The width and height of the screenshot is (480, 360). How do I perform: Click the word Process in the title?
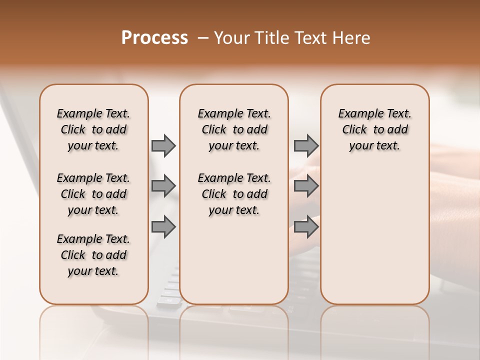click(154, 38)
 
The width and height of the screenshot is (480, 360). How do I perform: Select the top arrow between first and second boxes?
click(163, 145)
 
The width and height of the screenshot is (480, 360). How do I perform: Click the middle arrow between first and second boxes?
click(163, 186)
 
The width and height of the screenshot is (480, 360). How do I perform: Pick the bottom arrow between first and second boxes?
click(163, 227)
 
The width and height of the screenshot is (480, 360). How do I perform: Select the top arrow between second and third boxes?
click(306, 145)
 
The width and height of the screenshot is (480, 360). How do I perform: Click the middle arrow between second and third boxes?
click(306, 186)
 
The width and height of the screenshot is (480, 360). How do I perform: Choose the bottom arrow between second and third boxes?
click(306, 227)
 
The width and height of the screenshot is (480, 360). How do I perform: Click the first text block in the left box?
click(93, 129)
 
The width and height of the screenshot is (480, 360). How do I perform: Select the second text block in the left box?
click(93, 194)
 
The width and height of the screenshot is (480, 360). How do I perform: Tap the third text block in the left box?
click(93, 255)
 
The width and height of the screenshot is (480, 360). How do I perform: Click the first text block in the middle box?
click(234, 129)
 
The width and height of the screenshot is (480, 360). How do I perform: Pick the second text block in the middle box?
click(234, 194)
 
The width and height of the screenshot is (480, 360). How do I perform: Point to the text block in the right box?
click(374, 129)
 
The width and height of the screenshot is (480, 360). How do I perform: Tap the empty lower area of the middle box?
click(234, 260)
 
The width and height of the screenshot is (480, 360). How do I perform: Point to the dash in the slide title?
click(202, 38)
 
